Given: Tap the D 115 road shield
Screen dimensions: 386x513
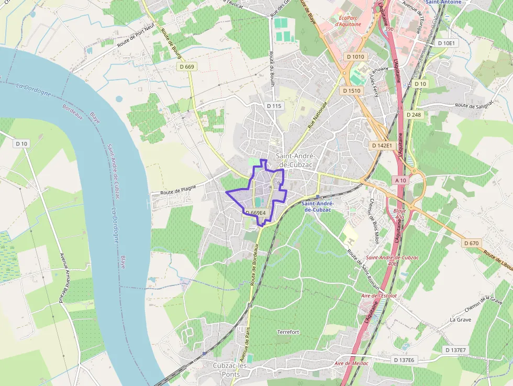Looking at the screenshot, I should [x=274, y=106].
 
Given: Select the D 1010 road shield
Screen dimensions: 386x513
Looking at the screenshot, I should [x=355, y=56].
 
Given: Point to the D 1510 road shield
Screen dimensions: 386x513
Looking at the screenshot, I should [x=352, y=91].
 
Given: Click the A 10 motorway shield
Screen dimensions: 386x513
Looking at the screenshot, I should [x=401, y=180].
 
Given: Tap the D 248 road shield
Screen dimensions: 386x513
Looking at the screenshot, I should [x=413, y=114].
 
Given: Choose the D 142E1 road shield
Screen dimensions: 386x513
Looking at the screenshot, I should [x=382, y=145].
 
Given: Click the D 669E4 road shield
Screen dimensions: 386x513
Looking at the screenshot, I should [x=255, y=213].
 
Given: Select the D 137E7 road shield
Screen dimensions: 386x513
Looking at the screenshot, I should [x=456, y=349].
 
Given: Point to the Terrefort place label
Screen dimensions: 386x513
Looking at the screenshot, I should [x=288, y=332].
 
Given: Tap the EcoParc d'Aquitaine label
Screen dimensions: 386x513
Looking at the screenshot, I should [x=348, y=20].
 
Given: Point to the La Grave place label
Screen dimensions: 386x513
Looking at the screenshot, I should [x=461, y=319].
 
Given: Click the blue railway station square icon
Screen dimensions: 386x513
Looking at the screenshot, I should [x=317, y=197].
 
